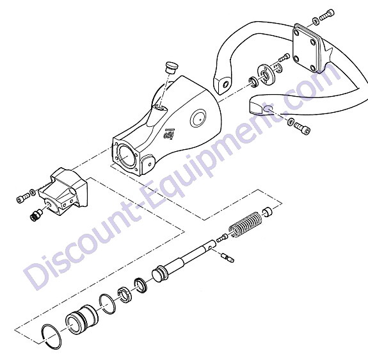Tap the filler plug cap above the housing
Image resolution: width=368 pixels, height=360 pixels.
coord(172,67)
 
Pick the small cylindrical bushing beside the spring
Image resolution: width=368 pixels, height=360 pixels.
coord(268,211)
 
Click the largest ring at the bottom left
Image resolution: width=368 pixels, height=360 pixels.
coord(52,336)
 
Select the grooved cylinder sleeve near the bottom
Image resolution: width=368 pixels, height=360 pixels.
coord(81,320)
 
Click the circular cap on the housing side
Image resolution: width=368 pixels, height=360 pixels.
coord(198,119)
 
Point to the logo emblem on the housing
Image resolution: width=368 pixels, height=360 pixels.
coord(170,134)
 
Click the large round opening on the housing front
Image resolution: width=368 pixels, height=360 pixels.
coord(127,156)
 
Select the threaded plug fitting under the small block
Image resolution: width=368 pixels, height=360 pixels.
coord(36,214)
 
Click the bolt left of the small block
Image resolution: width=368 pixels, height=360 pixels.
coord(23,198)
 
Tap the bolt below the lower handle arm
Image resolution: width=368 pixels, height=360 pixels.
coord(302,127)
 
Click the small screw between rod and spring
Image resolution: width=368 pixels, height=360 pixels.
coord(222,238)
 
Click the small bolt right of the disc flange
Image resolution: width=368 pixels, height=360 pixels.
coord(284,57)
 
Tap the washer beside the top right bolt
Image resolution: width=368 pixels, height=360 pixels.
coord(316,21)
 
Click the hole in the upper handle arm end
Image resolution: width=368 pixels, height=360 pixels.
coord(225,85)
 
